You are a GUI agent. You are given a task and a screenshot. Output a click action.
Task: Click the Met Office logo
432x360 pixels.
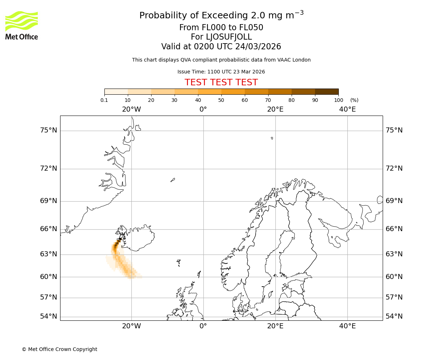point(22,25)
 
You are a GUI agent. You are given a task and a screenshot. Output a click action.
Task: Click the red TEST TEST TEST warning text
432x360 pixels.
point(221,82)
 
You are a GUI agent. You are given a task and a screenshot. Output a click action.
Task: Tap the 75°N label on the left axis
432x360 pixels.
point(48,130)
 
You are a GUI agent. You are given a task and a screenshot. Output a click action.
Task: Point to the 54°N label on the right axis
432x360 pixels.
point(394,316)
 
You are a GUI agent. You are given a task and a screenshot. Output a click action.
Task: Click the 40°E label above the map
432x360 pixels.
point(347,109)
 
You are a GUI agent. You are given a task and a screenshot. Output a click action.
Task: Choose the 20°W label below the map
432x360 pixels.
point(131,326)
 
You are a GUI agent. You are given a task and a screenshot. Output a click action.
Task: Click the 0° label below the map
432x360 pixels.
point(203,326)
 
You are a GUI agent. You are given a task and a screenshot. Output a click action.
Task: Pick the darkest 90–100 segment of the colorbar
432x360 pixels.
point(327,91)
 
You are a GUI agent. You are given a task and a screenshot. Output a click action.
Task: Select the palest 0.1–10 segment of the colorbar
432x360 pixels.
point(116,91)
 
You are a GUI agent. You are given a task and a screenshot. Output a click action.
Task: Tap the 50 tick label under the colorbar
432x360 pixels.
point(221,100)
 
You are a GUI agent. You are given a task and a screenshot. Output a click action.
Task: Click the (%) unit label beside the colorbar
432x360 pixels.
point(354,100)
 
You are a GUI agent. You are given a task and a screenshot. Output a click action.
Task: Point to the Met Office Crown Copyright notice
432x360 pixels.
point(59,349)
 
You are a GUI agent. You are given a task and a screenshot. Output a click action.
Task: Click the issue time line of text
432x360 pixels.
point(221,72)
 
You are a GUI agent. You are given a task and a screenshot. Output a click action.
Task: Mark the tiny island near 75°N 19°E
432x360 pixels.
point(272,138)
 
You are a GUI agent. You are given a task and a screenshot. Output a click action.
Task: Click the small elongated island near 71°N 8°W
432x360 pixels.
point(173,180)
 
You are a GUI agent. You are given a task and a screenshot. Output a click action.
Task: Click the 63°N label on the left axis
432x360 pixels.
point(48,254)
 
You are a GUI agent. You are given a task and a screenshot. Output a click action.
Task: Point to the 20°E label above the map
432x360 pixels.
point(275,109)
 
